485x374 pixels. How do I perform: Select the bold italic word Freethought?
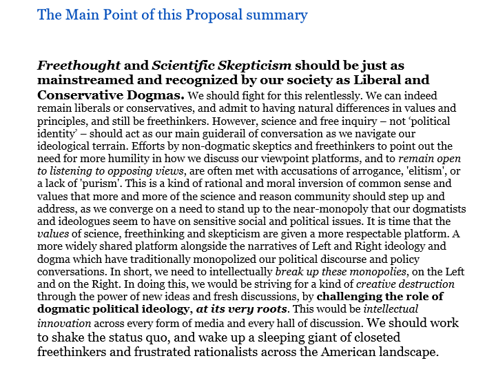[x=78, y=66]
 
